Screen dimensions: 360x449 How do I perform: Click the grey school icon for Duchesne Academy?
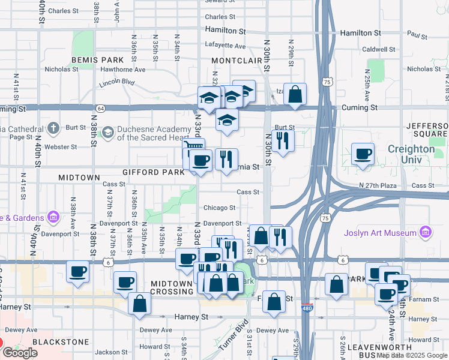[108, 132]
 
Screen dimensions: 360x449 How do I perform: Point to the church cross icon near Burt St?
[53, 128]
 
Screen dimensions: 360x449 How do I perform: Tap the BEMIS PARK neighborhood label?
[97, 60]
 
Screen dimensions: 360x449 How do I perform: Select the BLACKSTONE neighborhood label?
[56, 341]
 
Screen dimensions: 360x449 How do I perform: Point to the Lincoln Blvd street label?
[117, 81]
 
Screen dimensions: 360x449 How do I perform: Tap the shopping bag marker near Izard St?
[295, 94]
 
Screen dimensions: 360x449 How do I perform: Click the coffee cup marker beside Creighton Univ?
[363, 154]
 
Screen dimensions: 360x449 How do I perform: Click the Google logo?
[20, 353]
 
